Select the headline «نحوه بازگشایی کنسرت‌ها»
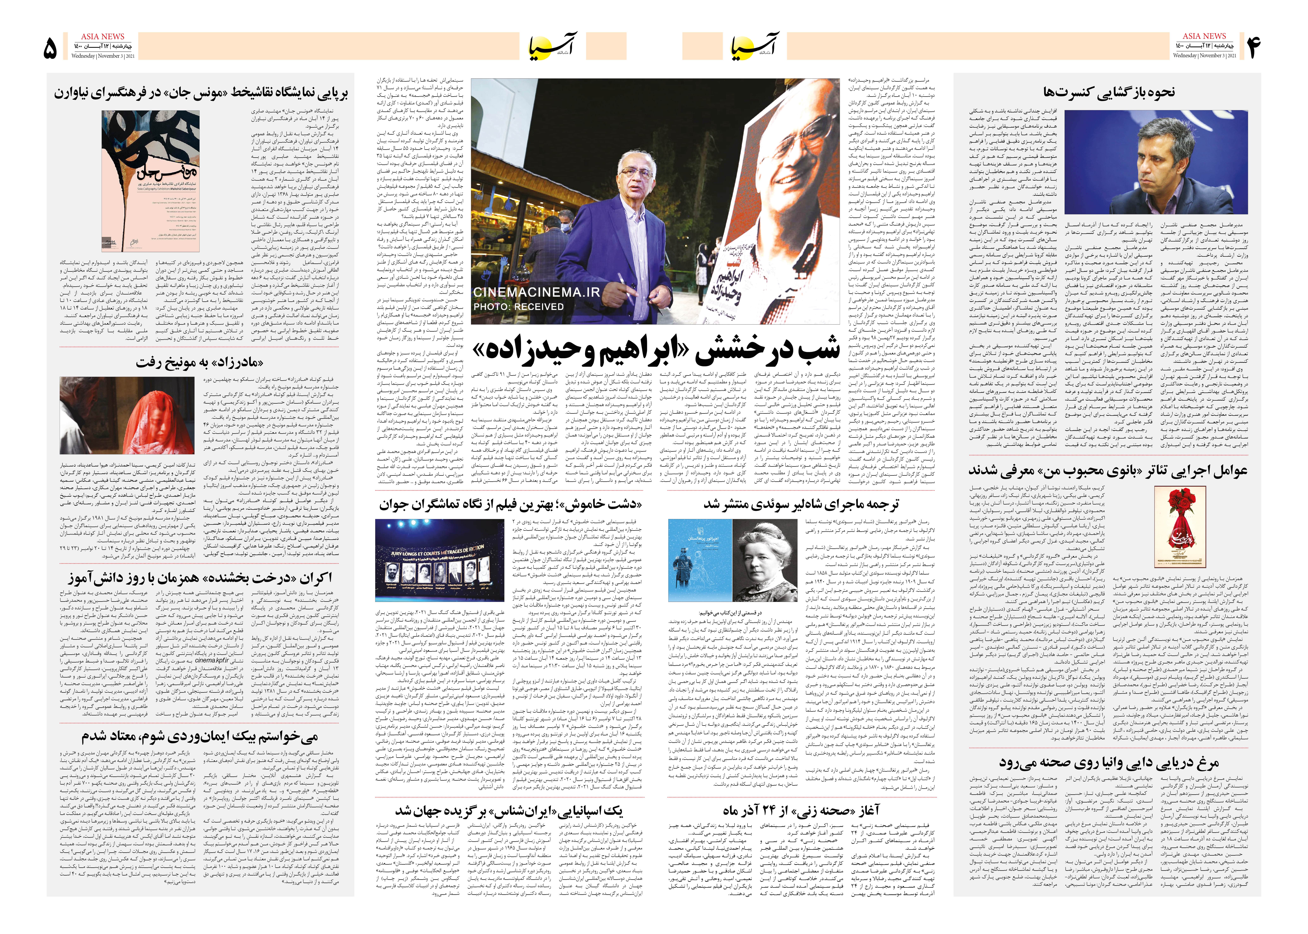(x=1109, y=92)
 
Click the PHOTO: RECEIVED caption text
(x=518, y=306)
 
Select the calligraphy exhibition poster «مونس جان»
(x=151, y=181)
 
